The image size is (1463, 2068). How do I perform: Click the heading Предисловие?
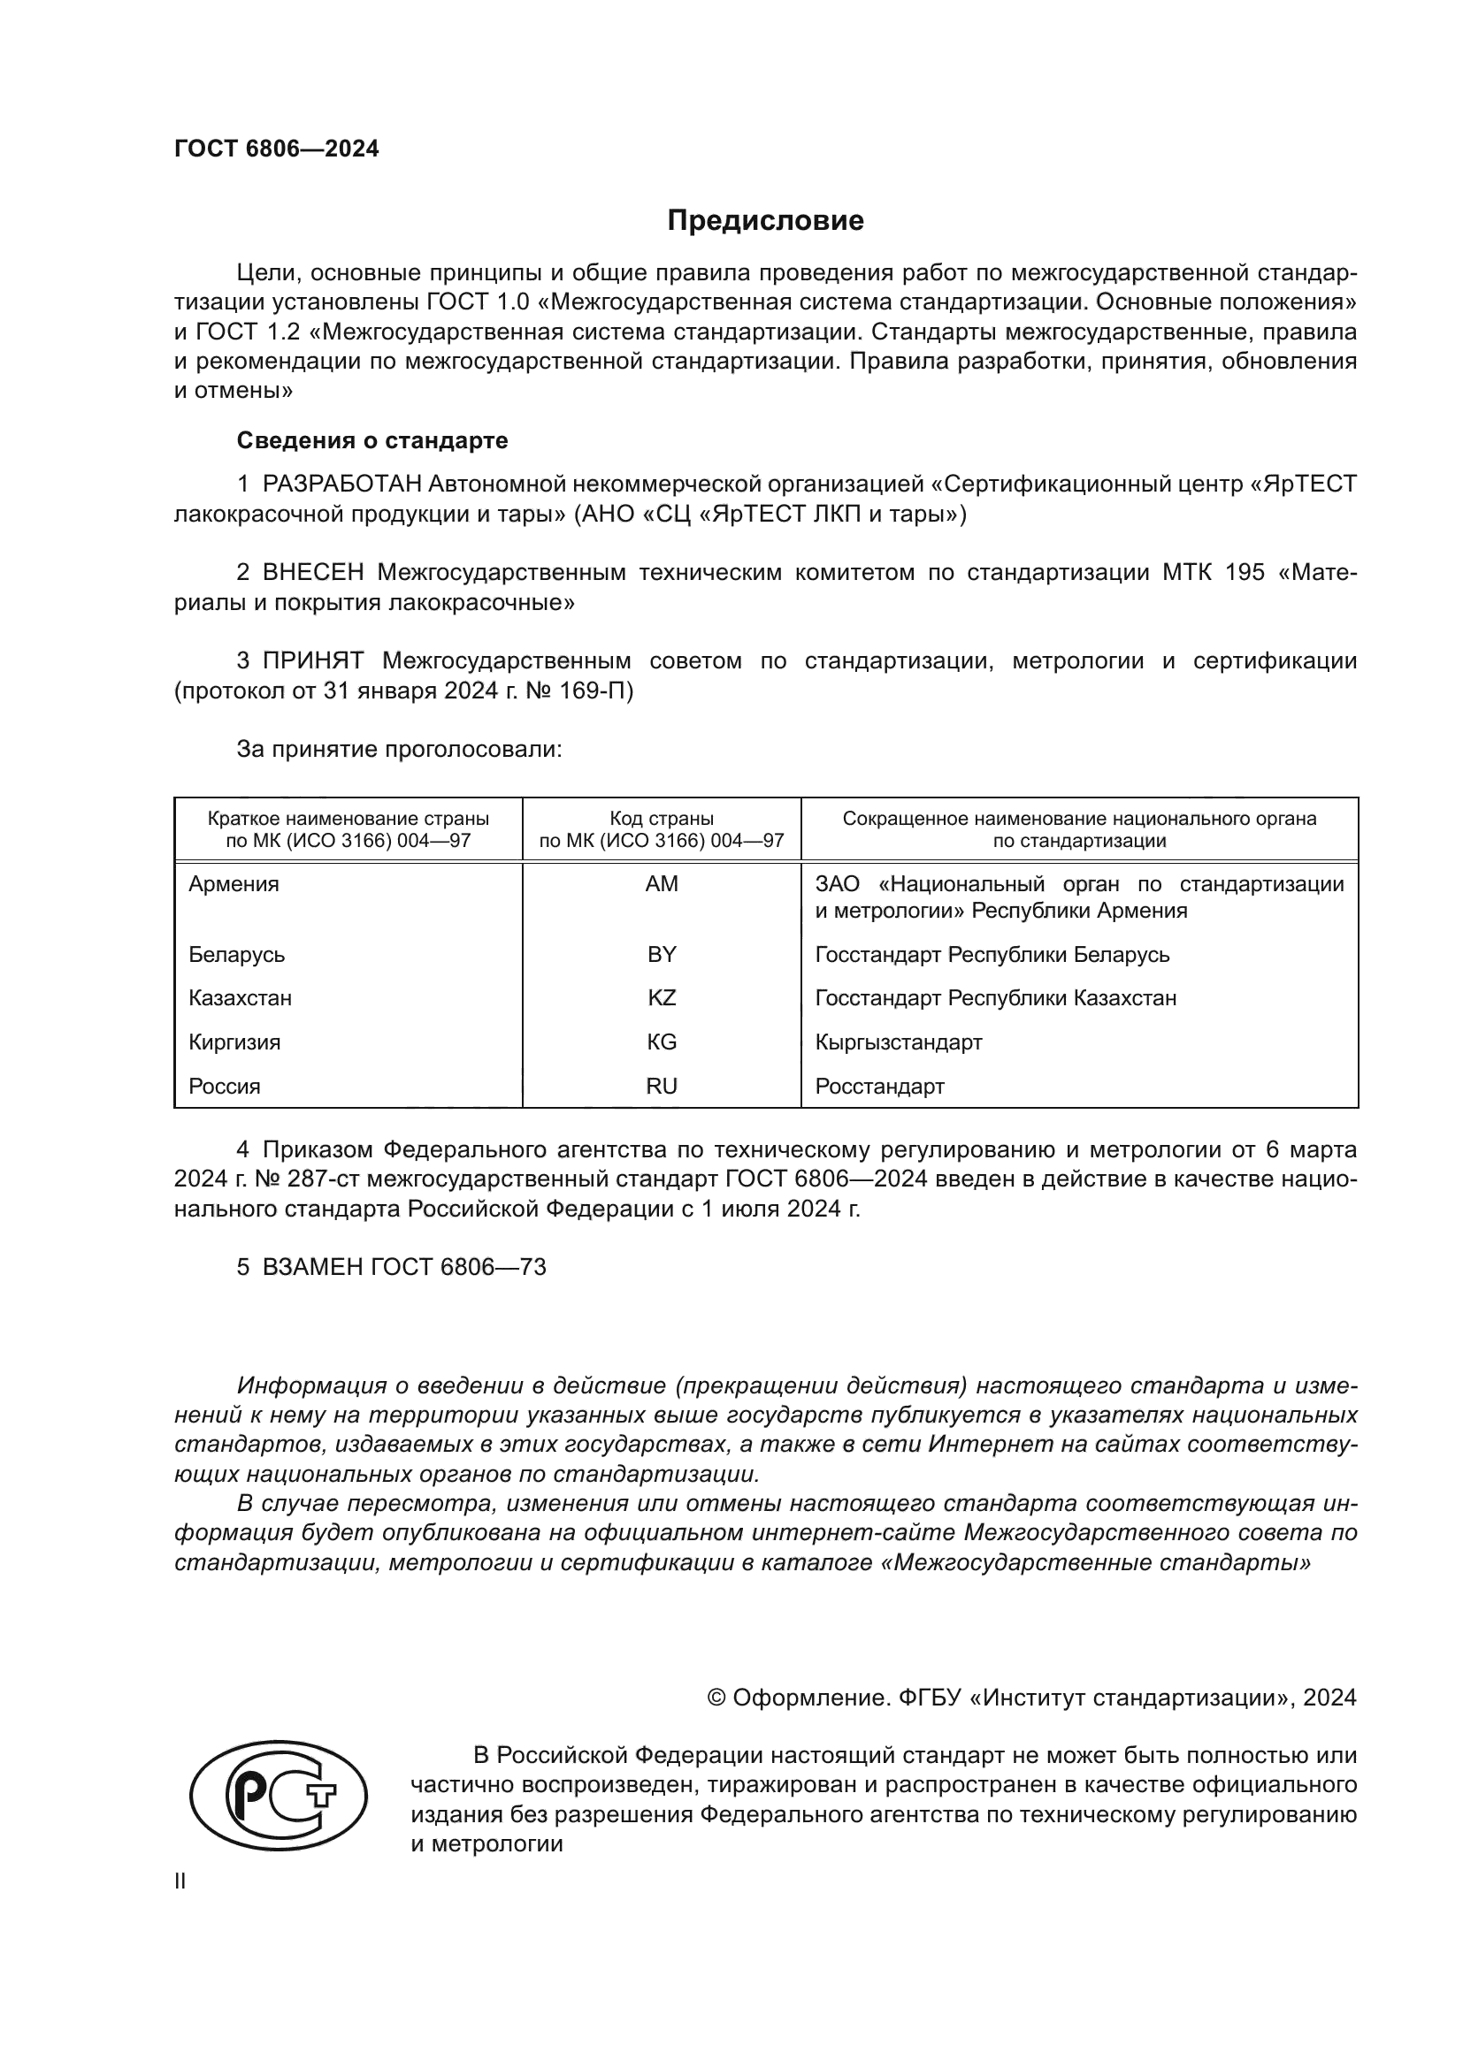(765, 221)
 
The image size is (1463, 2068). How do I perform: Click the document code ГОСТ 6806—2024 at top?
(277, 149)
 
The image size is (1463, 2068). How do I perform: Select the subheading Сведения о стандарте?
(372, 440)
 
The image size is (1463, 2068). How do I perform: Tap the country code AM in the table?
(662, 883)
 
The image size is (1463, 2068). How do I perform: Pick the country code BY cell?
(662, 954)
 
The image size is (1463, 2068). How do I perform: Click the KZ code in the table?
(662, 998)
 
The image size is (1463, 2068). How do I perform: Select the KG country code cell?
(662, 1042)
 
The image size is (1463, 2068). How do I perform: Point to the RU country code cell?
(662, 1087)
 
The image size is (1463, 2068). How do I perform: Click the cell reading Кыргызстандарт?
(898, 1042)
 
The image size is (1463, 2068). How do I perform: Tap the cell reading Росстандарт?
(879, 1087)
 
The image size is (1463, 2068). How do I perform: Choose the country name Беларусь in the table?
(236, 954)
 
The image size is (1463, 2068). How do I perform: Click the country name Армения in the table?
(234, 883)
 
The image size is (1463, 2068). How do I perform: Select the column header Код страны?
(662, 819)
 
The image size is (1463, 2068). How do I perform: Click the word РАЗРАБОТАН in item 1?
(341, 485)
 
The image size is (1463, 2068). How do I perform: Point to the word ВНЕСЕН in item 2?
(312, 573)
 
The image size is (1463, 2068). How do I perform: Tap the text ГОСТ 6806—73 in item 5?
(458, 1267)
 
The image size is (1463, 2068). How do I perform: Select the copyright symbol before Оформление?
(716, 1698)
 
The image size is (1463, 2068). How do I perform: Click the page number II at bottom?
(180, 1881)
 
